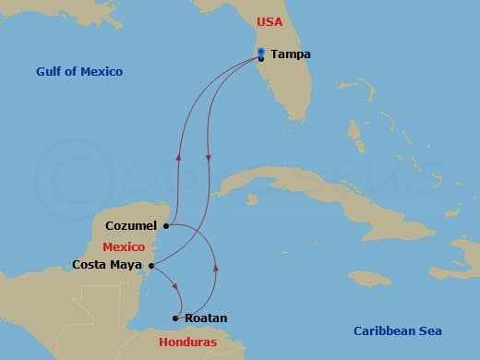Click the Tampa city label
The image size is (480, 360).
point(291,54)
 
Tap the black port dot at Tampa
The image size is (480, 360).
point(261,59)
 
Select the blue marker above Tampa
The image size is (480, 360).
point(261,52)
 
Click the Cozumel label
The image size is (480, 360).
point(133,225)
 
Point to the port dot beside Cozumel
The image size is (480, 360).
point(166,225)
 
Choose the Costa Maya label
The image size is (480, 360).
point(107,265)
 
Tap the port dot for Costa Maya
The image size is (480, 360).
point(150,265)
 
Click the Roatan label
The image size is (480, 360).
point(206,318)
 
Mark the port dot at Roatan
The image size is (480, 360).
point(175,318)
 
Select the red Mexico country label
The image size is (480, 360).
point(123,247)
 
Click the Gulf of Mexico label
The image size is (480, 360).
point(79,71)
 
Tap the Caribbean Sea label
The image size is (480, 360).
point(398,330)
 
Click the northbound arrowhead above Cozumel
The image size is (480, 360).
point(178,156)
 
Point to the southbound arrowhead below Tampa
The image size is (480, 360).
point(208,157)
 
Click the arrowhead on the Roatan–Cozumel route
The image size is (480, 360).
point(216,267)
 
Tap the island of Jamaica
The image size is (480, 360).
point(369,277)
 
